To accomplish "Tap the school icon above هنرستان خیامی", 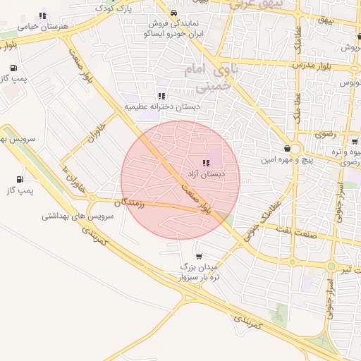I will pos(43,15).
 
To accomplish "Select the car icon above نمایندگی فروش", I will pos(173,13).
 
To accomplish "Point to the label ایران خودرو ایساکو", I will pos(174,33).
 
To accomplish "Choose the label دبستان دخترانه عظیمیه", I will pos(162,106).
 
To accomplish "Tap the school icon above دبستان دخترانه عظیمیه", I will pos(161,96).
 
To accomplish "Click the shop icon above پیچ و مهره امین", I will pos(287,148).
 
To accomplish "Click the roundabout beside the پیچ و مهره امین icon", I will pos(296,149).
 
